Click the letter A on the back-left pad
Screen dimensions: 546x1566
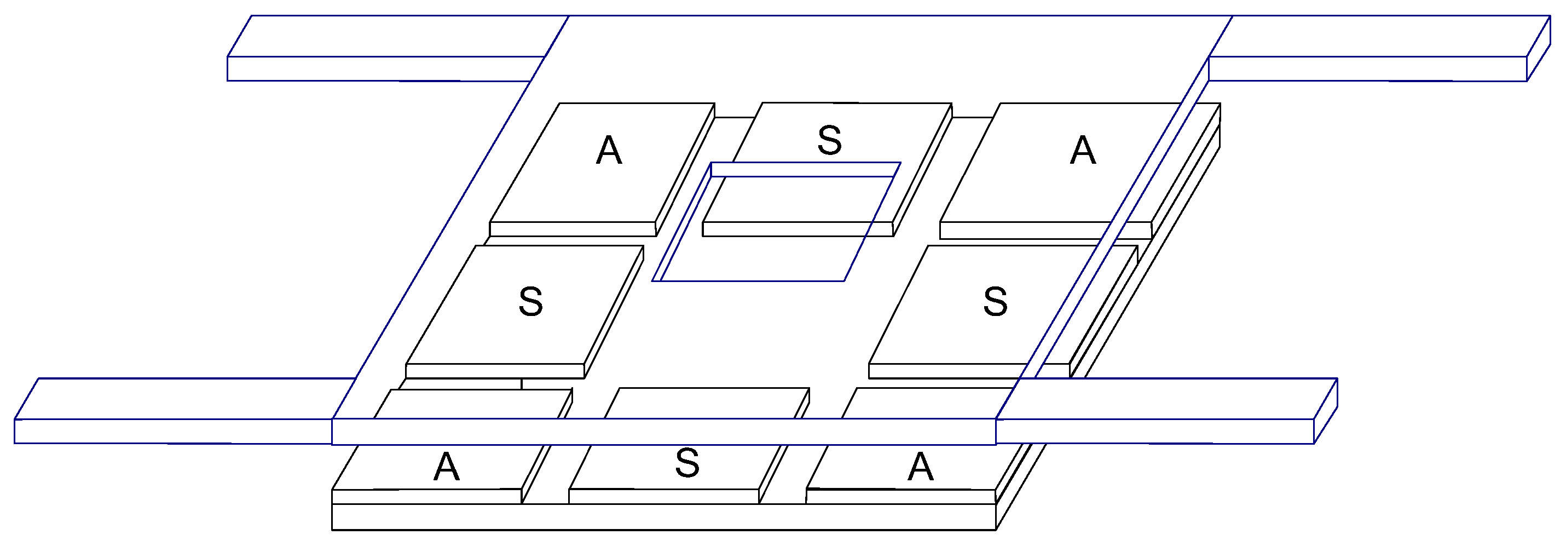[x=609, y=151]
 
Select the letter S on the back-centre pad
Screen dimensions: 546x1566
[x=829, y=140]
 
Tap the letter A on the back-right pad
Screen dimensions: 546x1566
[x=1083, y=151]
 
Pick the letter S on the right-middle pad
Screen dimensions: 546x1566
[x=995, y=302]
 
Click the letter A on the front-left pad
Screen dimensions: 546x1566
[x=446, y=468]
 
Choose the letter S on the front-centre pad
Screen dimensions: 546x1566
[x=687, y=463]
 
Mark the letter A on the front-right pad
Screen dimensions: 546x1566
[x=921, y=468]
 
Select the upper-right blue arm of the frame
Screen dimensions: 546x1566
[x=1368, y=68]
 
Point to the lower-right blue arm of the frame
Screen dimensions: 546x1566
[x=1155, y=431]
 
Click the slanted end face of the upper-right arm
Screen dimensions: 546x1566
[x=1538, y=49]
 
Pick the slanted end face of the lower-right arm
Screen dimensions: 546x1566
[x=1326, y=411]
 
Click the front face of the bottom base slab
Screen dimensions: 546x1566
[x=663, y=517]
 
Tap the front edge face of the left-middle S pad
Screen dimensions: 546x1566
[x=494, y=371]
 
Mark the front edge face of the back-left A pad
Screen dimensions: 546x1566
[x=572, y=229]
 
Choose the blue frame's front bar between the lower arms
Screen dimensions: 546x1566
[x=663, y=431]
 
